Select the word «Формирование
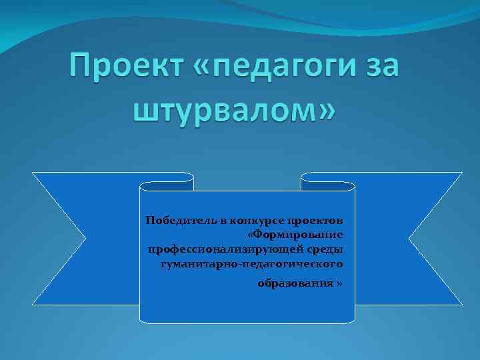coord(295,235)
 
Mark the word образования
coord(296,283)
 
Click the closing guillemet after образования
coord(341,283)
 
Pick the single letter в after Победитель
coord(209,220)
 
